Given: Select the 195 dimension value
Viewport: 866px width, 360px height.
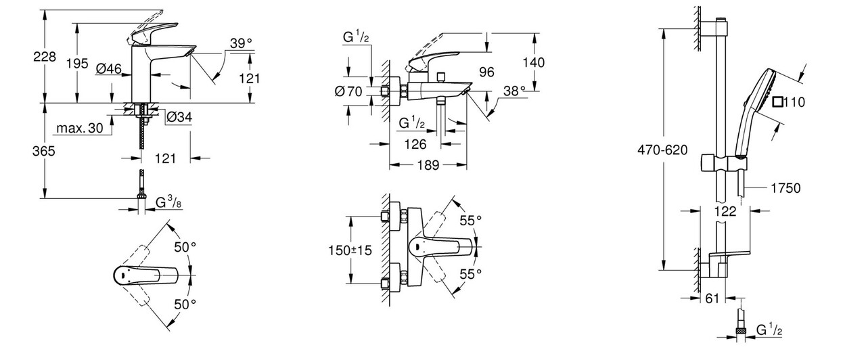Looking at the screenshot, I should [x=78, y=64].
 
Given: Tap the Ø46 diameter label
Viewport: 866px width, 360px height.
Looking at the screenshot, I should [x=108, y=68].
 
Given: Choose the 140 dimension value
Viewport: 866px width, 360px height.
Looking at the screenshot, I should [x=534, y=62].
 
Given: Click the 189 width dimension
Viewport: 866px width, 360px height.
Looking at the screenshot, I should [x=427, y=164].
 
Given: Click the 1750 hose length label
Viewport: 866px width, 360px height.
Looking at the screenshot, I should [x=785, y=189].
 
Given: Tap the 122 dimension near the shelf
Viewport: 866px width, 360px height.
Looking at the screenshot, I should [x=725, y=211].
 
